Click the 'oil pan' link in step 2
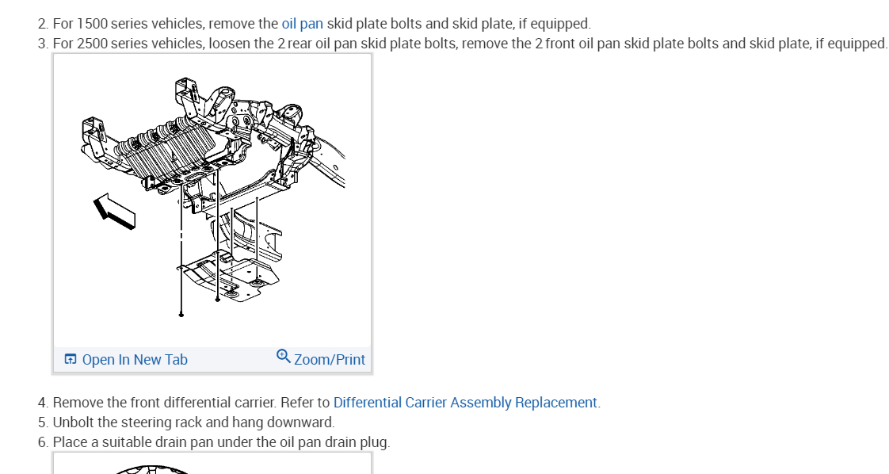click(302, 24)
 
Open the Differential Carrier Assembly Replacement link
click(465, 403)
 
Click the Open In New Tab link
click(135, 360)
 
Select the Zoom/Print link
click(330, 360)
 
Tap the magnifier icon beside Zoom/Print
click(284, 357)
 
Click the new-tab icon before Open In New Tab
click(71, 360)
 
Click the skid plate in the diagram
click(230, 279)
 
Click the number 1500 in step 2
click(92, 24)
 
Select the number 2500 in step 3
click(92, 44)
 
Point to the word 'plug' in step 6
click(374, 442)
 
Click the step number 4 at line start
click(42, 403)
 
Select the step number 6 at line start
click(42, 442)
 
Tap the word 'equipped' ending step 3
click(857, 44)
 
